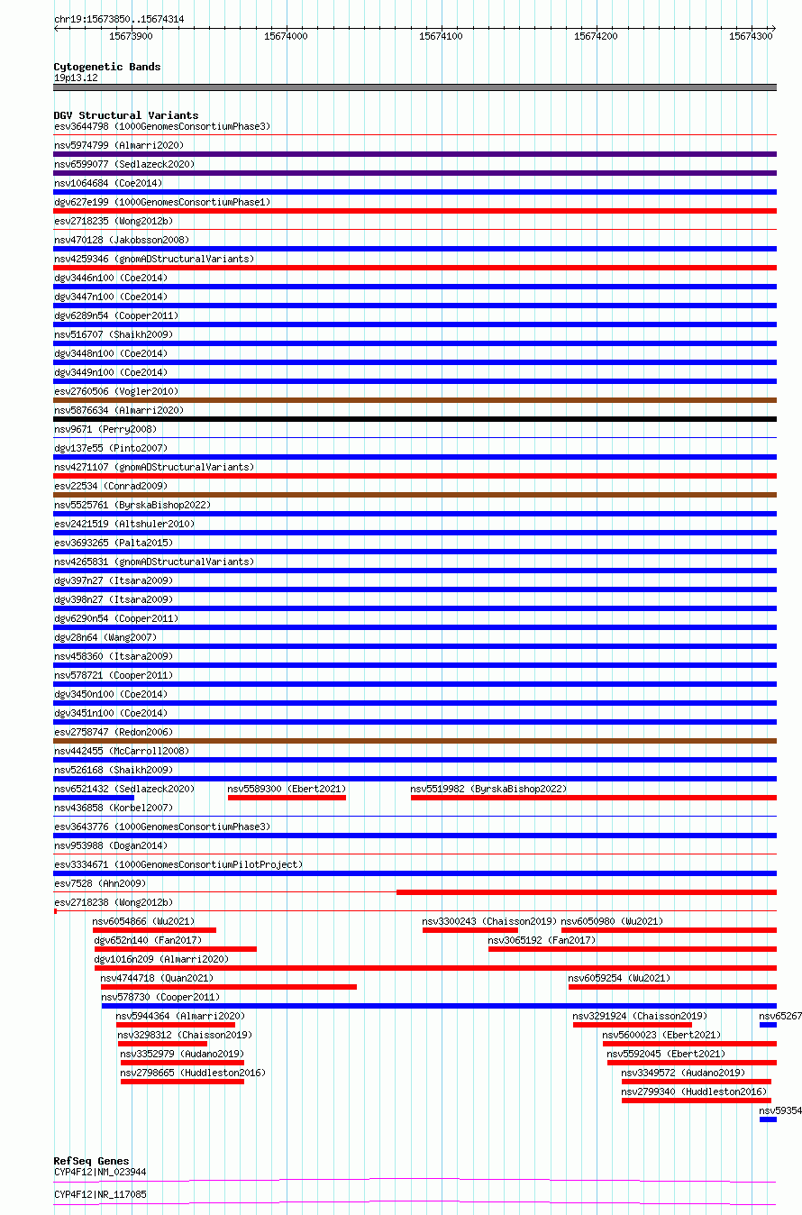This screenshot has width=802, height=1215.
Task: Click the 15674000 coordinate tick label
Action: click(286, 36)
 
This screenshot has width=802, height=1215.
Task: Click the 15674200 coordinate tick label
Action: click(596, 36)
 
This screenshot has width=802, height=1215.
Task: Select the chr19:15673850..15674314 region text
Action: click(119, 19)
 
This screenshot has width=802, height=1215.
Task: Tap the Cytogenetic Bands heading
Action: click(106, 67)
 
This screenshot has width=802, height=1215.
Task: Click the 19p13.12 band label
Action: click(76, 78)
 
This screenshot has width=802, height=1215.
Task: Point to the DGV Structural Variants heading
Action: click(125, 115)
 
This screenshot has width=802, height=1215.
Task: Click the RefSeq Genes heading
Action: click(91, 1161)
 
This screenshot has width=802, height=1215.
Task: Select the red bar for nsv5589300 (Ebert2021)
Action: click(287, 798)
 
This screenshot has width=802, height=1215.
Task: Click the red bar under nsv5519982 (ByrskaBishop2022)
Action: click(593, 798)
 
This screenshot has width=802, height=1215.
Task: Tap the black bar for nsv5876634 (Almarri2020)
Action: click(415, 419)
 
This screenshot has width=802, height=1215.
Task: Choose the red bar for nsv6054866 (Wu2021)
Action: click(154, 930)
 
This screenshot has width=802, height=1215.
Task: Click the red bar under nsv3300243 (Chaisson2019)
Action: click(470, 930)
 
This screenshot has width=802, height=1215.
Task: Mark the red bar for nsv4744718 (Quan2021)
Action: click(229, 987)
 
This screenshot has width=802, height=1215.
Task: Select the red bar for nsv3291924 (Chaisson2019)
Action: click(632, 1025)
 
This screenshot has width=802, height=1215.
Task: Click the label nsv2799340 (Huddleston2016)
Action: click(694, 1092)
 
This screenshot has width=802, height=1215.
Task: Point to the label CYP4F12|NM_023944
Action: click(100, 1172)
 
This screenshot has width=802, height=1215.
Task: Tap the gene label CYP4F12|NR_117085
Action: click(100, 1194)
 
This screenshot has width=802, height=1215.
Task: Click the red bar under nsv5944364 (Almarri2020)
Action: click(176, 1025)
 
